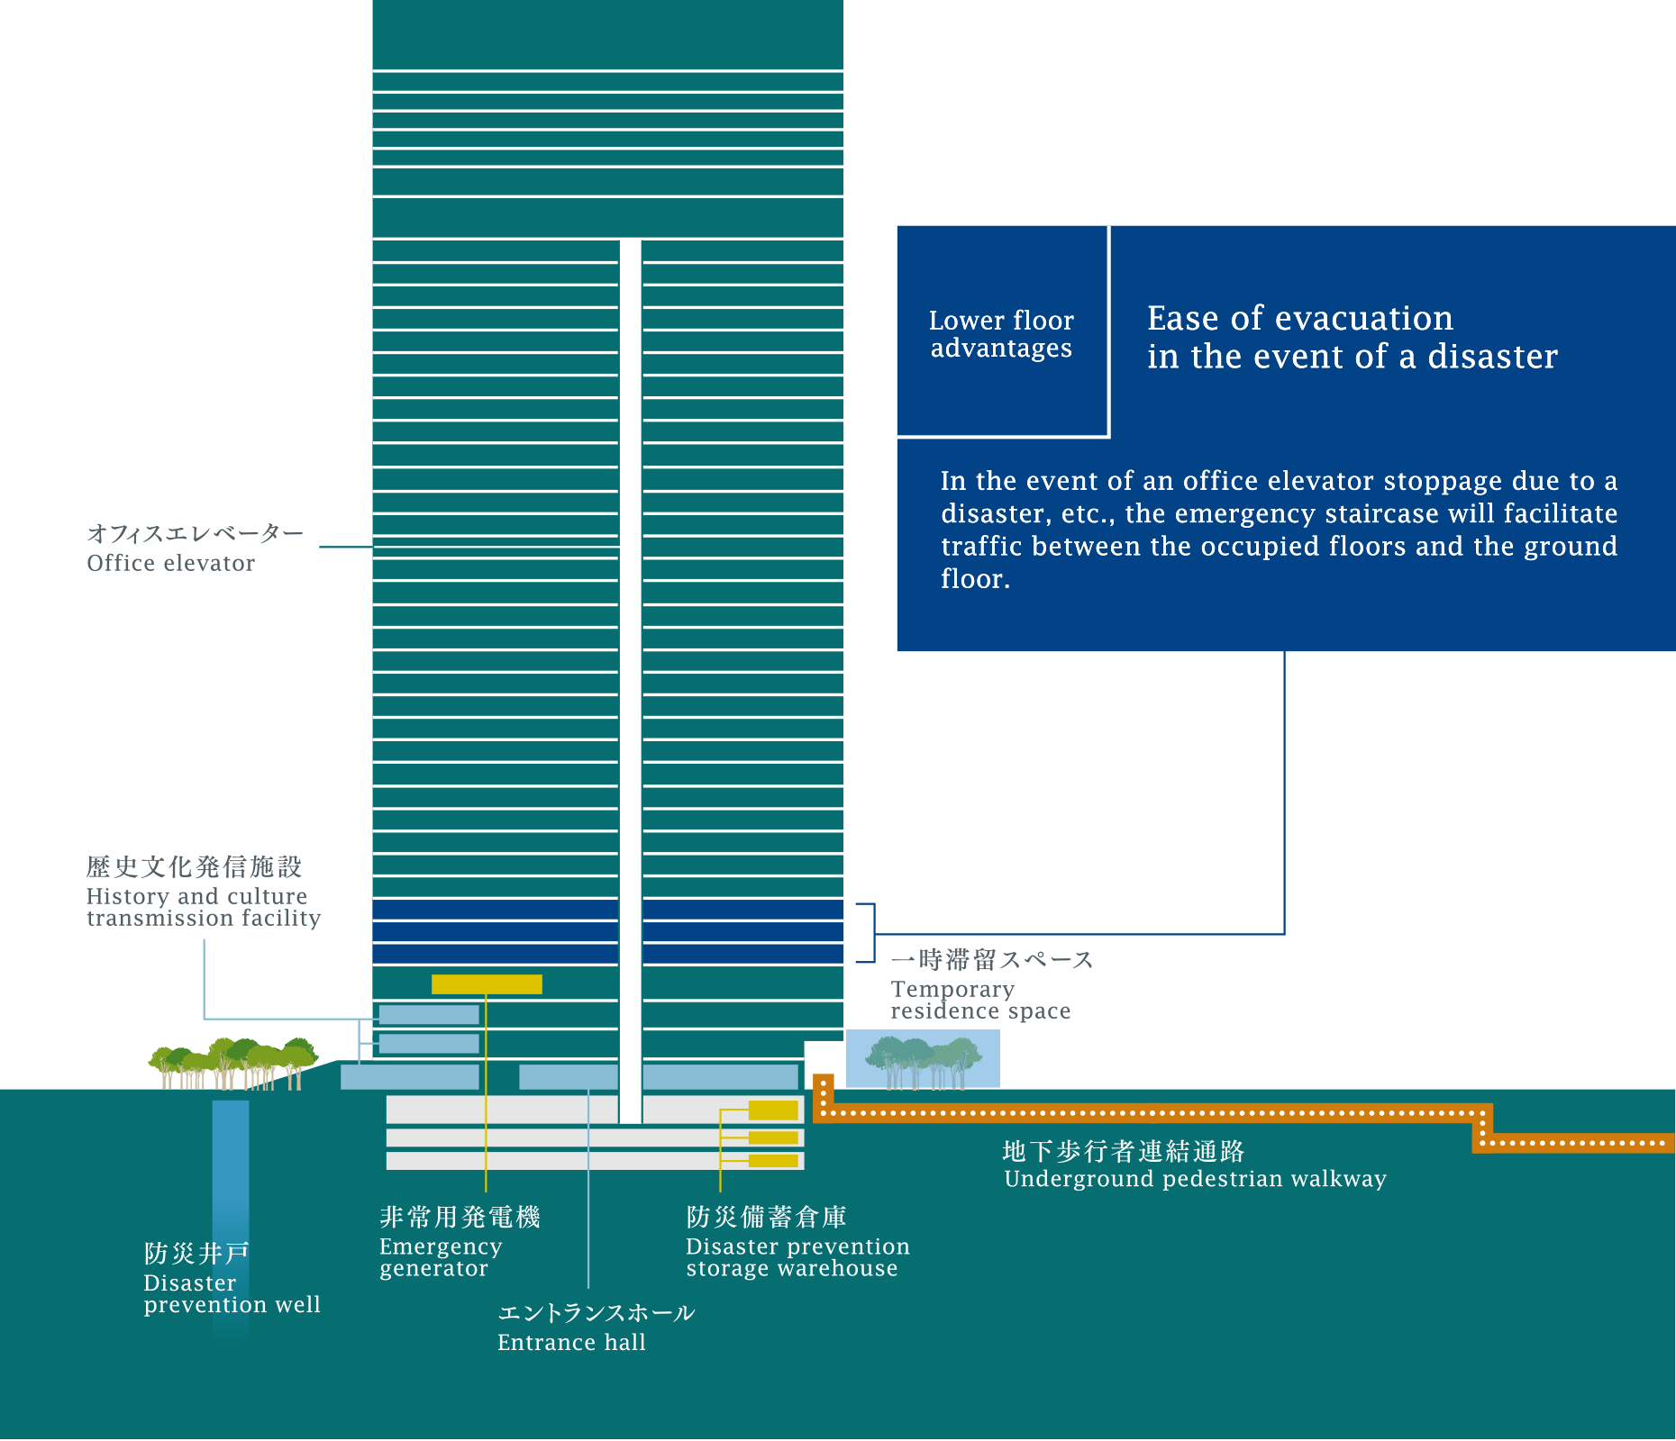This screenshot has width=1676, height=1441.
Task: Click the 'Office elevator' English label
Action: pyautogui.click(x=170, y=563)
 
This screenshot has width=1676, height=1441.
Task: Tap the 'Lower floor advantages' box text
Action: pyautogui.click(x=1001, y=334)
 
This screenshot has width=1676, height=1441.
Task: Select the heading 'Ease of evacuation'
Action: pyautogui.click(x=1299, y=318)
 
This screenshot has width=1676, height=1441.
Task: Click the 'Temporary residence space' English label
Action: pyautogui.click(x=980, y=1000)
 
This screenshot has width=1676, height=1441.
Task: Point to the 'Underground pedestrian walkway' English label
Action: pyautogui.click(x=1195, y=1179)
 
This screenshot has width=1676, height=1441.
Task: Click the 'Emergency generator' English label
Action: pyautogui.click(x=441, y=1257)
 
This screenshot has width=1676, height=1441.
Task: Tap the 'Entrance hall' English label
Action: pyautogui.click(x=571, y=1343)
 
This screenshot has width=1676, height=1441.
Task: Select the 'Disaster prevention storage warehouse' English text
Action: pyautogui.click(x=797, y=1257)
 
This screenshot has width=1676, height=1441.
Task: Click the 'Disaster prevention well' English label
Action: pyautogui.click(x=232, y=1294)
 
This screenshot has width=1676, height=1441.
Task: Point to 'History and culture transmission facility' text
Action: pyautogui.click(x=204, y=907)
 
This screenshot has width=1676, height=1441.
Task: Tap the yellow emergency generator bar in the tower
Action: pyautogui.click(x=487, y=984)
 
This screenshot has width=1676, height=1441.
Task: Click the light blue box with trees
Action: pyautogui.click(x=923, y=1059)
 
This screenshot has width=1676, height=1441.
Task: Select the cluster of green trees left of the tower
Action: pyautogui.click(x=233, y=1064)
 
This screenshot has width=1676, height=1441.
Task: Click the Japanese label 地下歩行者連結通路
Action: pyautogui.click(x=1124, y=1151)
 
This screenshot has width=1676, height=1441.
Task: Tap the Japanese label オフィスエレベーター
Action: pyautogui.click(x=196, y=533)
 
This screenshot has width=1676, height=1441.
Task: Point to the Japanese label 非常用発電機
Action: pyautogui.click(x=460, y=1217)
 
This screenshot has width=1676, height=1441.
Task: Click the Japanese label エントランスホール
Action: pyautogui.click(x=597, y=1312)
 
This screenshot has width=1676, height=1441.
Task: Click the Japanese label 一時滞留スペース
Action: pyautogui.click(x=992, y=959)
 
